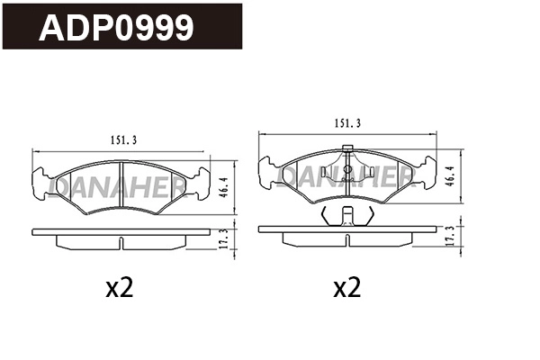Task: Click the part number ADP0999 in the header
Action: pos(115,28)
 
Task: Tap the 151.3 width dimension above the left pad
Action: pos(122,139)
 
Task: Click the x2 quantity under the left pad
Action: pos(119,288)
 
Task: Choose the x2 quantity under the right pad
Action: pos(346,288)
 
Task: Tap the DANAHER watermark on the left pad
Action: pos(119,184)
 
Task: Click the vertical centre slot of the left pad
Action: pos(121,187)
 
